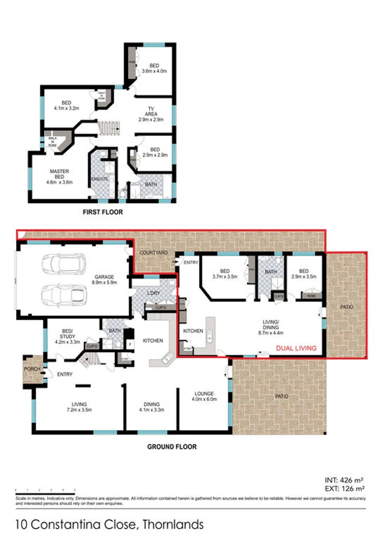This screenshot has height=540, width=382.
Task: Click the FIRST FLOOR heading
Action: [x=102, y=212]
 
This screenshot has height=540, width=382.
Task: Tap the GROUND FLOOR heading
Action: [x=171, y=446]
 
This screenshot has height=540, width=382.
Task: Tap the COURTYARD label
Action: [x=153, y=253]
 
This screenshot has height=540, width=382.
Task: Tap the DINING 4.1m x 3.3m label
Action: [x=151, y=407]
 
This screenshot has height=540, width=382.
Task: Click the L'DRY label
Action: [x=152, y=292]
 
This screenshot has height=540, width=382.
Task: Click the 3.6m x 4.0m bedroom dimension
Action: [x=154, y=71]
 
